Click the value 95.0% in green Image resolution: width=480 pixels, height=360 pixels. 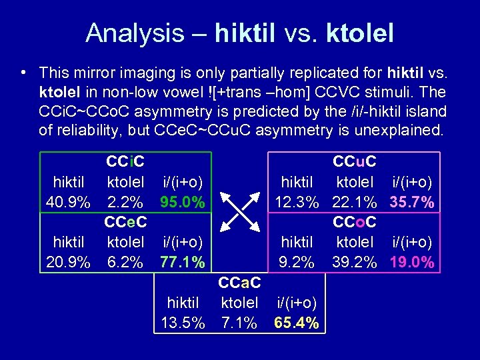point(182,201)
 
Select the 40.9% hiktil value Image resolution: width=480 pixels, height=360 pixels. point(68,201)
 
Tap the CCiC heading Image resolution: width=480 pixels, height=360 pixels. point(126,161)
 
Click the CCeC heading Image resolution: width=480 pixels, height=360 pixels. point(126,221)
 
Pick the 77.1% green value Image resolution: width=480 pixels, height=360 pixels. point(182,262)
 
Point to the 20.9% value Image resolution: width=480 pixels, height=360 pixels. point(68,262)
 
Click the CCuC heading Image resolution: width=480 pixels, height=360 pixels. point(355,161)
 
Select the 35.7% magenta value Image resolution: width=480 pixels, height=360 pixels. point(412,201)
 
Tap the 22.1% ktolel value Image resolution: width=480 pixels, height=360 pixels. point(355,201)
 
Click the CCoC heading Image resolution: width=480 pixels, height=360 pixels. point(355,221)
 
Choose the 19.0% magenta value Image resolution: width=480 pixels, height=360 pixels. point(412,262)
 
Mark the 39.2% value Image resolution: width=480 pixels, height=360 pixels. point(355,262)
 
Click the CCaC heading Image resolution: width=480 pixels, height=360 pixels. point(239,283)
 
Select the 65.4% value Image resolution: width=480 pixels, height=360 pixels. point(297,323)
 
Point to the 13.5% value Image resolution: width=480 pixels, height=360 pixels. point(183,323)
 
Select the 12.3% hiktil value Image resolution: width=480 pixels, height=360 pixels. point(297,201)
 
